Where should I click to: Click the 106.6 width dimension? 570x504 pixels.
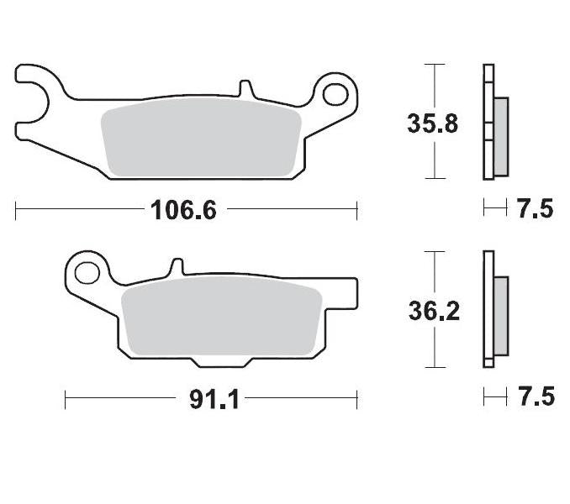click(x=183, y=209)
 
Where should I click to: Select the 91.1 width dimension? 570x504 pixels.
click(x=214, y=399)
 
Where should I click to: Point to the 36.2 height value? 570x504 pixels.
click(x=432, y=312)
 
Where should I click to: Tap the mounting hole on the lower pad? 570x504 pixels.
click(x=85, y=273)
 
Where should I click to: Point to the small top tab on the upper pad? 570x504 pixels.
click(x=245, y=88)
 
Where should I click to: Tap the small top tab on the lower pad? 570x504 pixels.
click(x=177, y=267)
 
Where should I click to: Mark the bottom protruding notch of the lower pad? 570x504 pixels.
click(x=220, y=360)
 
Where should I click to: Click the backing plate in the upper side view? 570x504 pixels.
click(x=488, y=123)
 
